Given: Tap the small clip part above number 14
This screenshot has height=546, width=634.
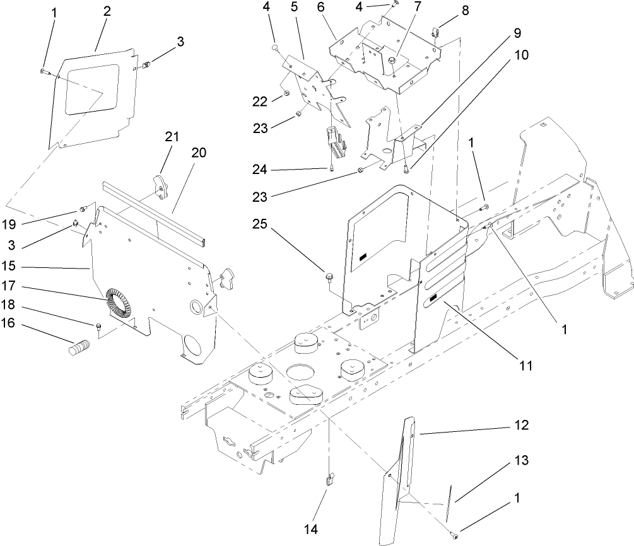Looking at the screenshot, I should [x=329, y=482].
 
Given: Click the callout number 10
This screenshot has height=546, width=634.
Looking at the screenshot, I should [x=522, y=54].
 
